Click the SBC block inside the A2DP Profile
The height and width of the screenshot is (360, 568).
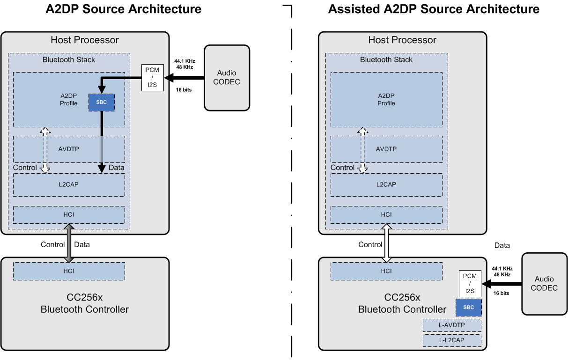102,102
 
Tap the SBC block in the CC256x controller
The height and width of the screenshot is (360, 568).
469,308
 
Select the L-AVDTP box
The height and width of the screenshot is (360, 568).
452,325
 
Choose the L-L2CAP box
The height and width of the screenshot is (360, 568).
452,340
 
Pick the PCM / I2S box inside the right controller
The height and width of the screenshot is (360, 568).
470,284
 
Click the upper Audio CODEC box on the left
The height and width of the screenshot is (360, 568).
227,78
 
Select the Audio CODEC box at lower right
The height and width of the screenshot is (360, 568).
545,284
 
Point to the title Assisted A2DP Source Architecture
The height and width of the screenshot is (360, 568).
434,9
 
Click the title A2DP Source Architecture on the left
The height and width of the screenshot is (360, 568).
124,9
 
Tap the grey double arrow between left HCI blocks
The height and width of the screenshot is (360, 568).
69,244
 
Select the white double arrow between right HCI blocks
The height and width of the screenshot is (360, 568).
387,244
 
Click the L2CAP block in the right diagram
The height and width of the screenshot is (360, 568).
386,184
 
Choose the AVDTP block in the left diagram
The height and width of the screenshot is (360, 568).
69,149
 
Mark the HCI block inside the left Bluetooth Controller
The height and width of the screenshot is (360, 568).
69,271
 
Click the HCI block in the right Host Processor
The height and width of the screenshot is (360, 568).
386,214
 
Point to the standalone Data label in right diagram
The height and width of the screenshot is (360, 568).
502,245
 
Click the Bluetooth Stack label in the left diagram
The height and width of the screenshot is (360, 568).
69,59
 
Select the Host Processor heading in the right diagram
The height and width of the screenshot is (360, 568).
402,40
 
